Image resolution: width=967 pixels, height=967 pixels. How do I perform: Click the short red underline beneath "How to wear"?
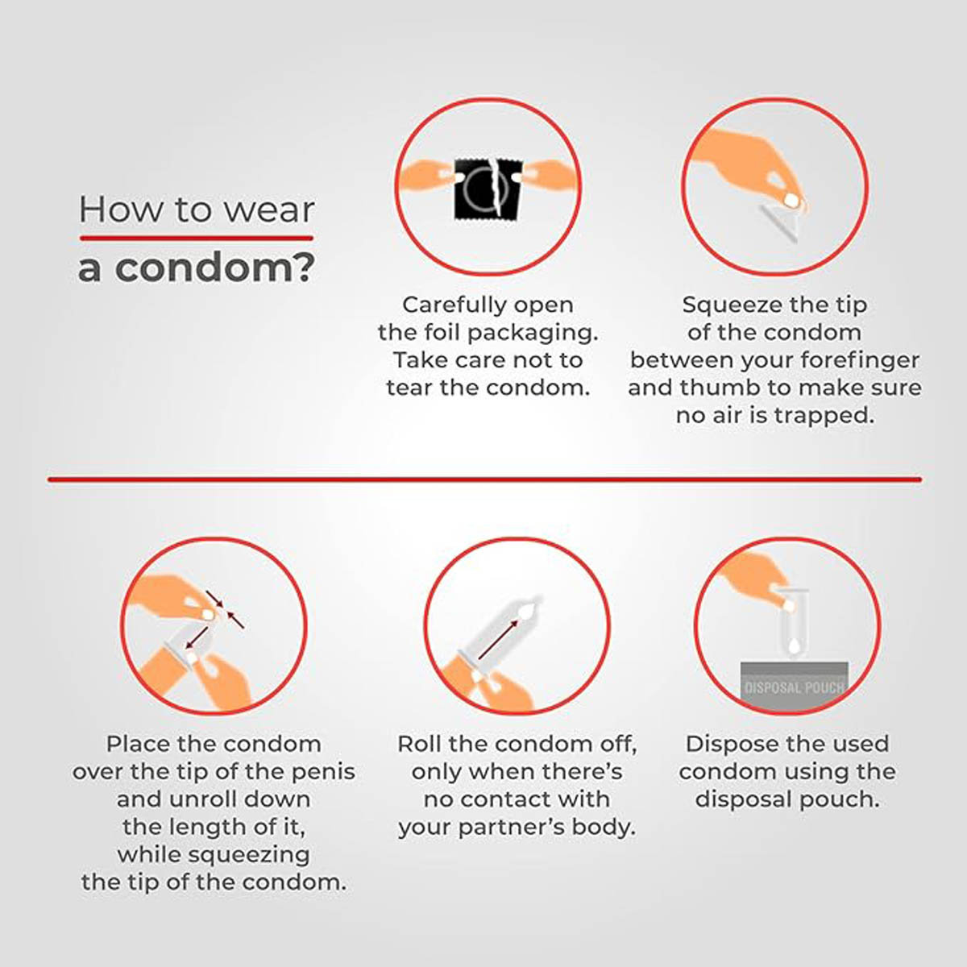[196, 238]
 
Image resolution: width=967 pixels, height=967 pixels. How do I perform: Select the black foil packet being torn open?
[489, 189]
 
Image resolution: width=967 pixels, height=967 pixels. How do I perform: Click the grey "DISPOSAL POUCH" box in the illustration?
[795, 686]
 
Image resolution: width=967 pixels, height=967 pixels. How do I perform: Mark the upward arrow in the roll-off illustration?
[498, 639]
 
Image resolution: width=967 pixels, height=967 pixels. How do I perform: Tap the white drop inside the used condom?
[794, 646]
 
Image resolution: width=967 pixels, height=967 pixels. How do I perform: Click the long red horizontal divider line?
[485, 479]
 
